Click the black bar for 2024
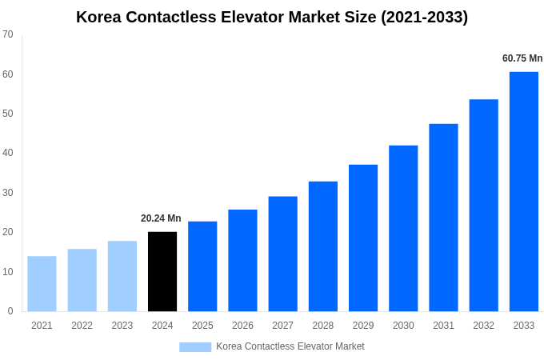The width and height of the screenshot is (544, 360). [x=162, y=271]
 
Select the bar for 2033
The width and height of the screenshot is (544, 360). [x=523, y=191]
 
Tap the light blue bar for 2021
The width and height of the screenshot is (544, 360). [x=42, y=283]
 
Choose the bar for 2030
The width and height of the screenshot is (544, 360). [x=403, y=228]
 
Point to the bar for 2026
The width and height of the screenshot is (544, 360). [x=242, y=260]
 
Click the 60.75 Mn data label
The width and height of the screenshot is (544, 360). [x=522, y=58]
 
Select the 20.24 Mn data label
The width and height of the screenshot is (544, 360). [x=161, y=218]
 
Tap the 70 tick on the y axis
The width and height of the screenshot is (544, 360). [x=8, y=34]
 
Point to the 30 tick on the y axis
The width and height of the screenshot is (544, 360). [x=8, y=193]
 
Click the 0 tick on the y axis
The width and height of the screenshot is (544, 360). [x=10, y=311]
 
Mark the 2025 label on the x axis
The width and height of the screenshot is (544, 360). [x=202, y=326]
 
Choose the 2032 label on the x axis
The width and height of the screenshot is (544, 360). [x=483, y=326]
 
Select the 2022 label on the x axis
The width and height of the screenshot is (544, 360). [x=82, y=326]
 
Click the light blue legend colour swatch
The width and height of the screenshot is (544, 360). [x=195, y=347]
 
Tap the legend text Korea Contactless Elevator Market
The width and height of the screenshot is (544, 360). [x=290, y=346]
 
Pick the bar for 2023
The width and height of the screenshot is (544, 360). [x=122, y=276]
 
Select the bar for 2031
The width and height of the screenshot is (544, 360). [x=443, y=218]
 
